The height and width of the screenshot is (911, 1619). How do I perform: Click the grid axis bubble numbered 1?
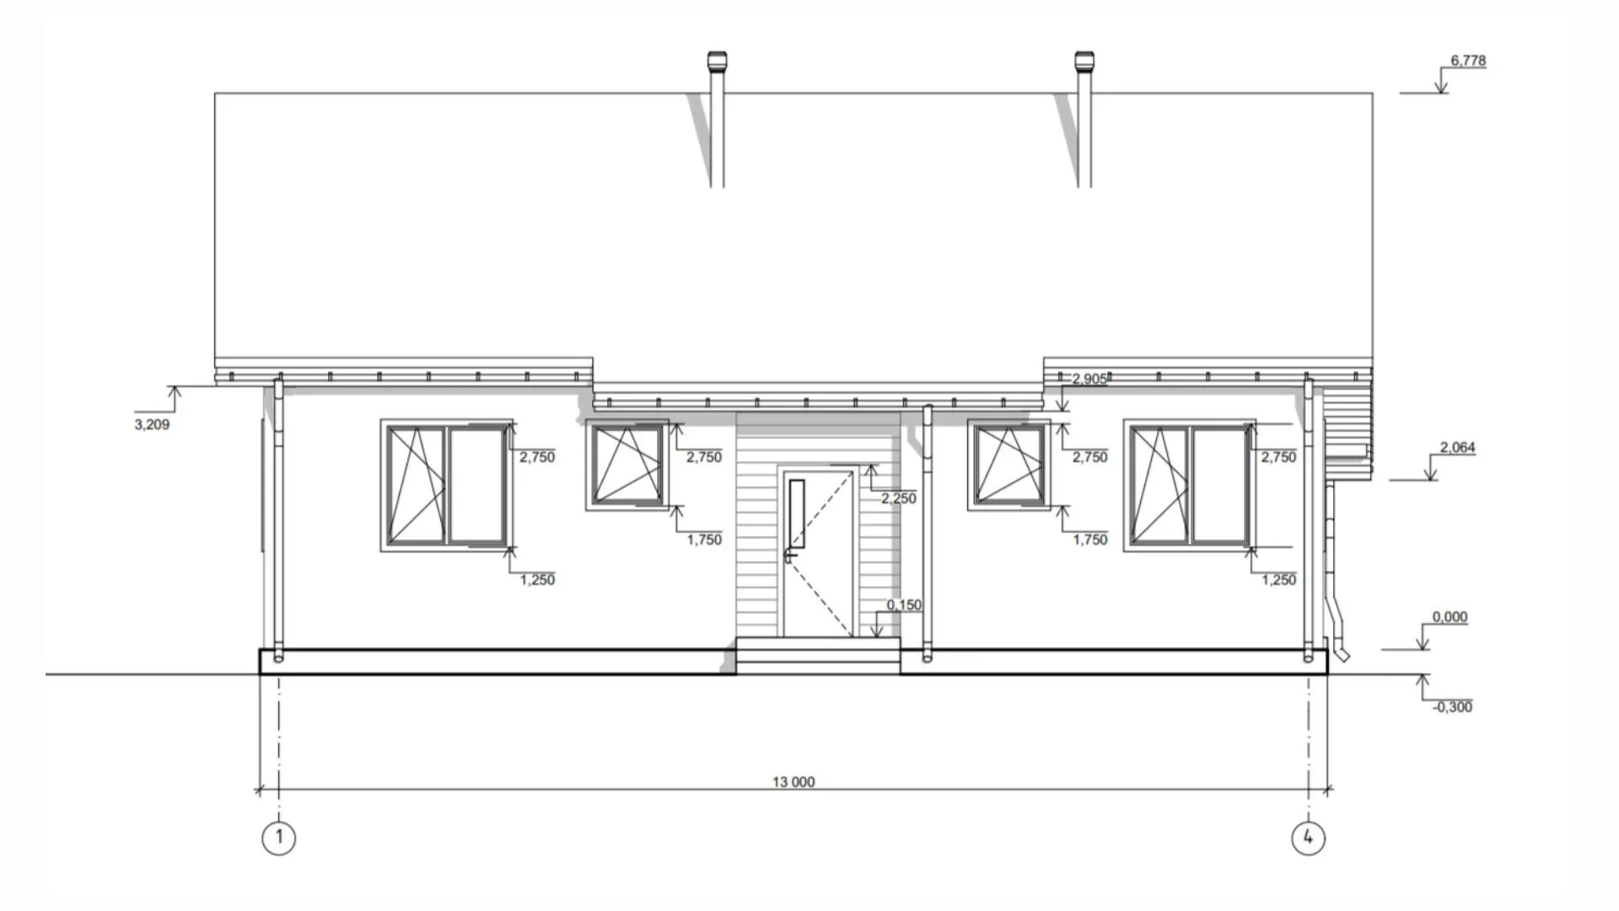click(x=279, y=838)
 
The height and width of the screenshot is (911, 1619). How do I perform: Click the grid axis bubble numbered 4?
click(x=1308, y=838)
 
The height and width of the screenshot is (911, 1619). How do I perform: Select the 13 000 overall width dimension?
click(x=793, y=782)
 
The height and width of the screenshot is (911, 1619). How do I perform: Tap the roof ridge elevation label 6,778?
click(x=1468, y=61)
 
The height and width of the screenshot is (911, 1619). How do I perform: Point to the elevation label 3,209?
click(x=152, y=424)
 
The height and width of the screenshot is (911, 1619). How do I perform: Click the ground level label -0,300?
click(x=1452, y=707)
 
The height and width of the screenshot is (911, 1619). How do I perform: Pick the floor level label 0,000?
click(x=1450, y=617)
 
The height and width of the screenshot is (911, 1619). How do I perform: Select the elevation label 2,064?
click(x=1457, y=447)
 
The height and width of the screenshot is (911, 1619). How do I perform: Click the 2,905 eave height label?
click(x=1089, y=380)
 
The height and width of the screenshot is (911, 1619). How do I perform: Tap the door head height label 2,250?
click(x=898, y=499)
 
